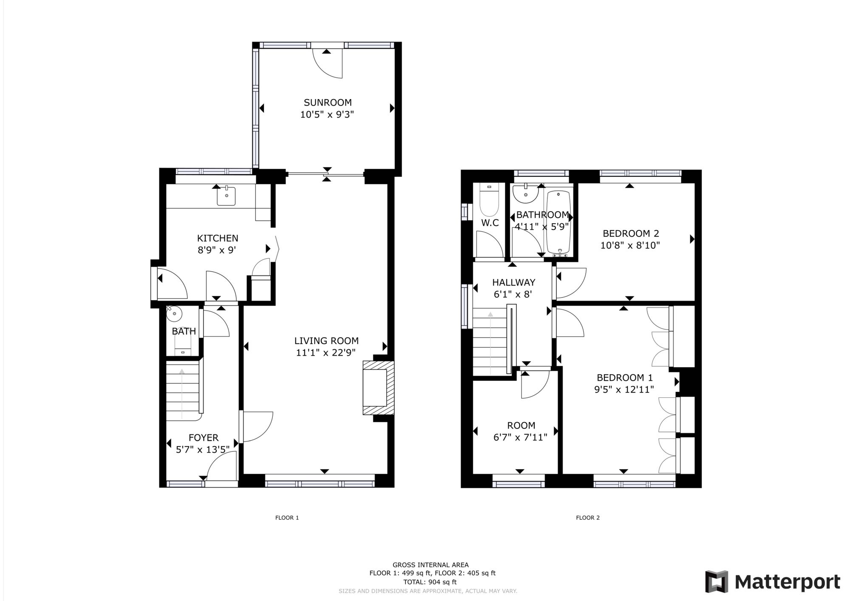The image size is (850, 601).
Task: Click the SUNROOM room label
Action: click(327, 102)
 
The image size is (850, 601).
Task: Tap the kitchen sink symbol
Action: click(226, 196)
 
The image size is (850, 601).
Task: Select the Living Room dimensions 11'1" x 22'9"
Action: click(326, 352)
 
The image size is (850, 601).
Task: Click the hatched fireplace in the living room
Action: click(377, 388)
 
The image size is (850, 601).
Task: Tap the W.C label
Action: click(490, 223)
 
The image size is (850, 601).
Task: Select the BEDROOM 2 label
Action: click(631, 233)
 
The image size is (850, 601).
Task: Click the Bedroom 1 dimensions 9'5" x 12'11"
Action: click(624, 389)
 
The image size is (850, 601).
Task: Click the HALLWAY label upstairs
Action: click(513, 282)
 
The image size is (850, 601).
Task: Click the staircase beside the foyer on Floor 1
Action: click(182, 391)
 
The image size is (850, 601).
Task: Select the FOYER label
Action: click(203, 438)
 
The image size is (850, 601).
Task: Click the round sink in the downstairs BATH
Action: click(174, 315)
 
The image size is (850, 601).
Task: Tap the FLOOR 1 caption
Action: click(287, 518)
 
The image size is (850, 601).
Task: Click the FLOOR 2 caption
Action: click(588, 518)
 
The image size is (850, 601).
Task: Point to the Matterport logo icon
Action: click(717, 581)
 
